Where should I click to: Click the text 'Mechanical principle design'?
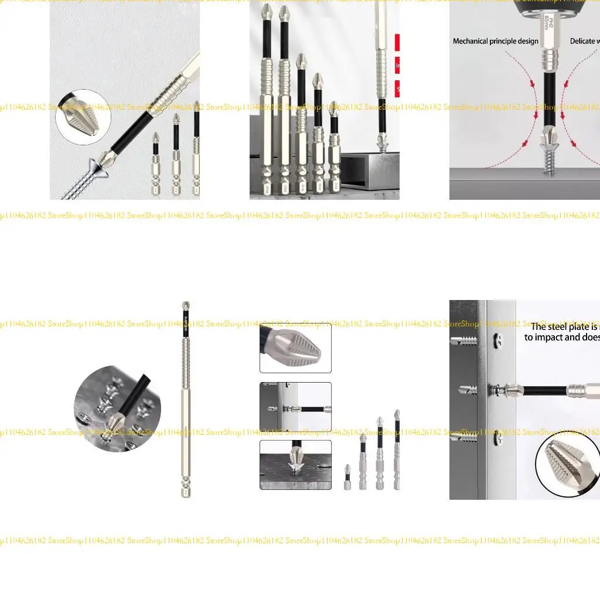click(x=495, y=41)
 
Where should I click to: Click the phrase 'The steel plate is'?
click(x=564, y=327)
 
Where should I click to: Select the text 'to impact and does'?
click(x=561, y=337)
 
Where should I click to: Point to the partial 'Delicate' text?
click(x=584, y=41)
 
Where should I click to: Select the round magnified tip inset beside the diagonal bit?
click(x=83, y=117)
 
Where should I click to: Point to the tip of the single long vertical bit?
click(x=185, y=305)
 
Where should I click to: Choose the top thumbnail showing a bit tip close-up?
click(x=295, y=348)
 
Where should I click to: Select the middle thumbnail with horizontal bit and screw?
click(x=295, y=407)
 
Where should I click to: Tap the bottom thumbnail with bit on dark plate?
click(x=295, y=465)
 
